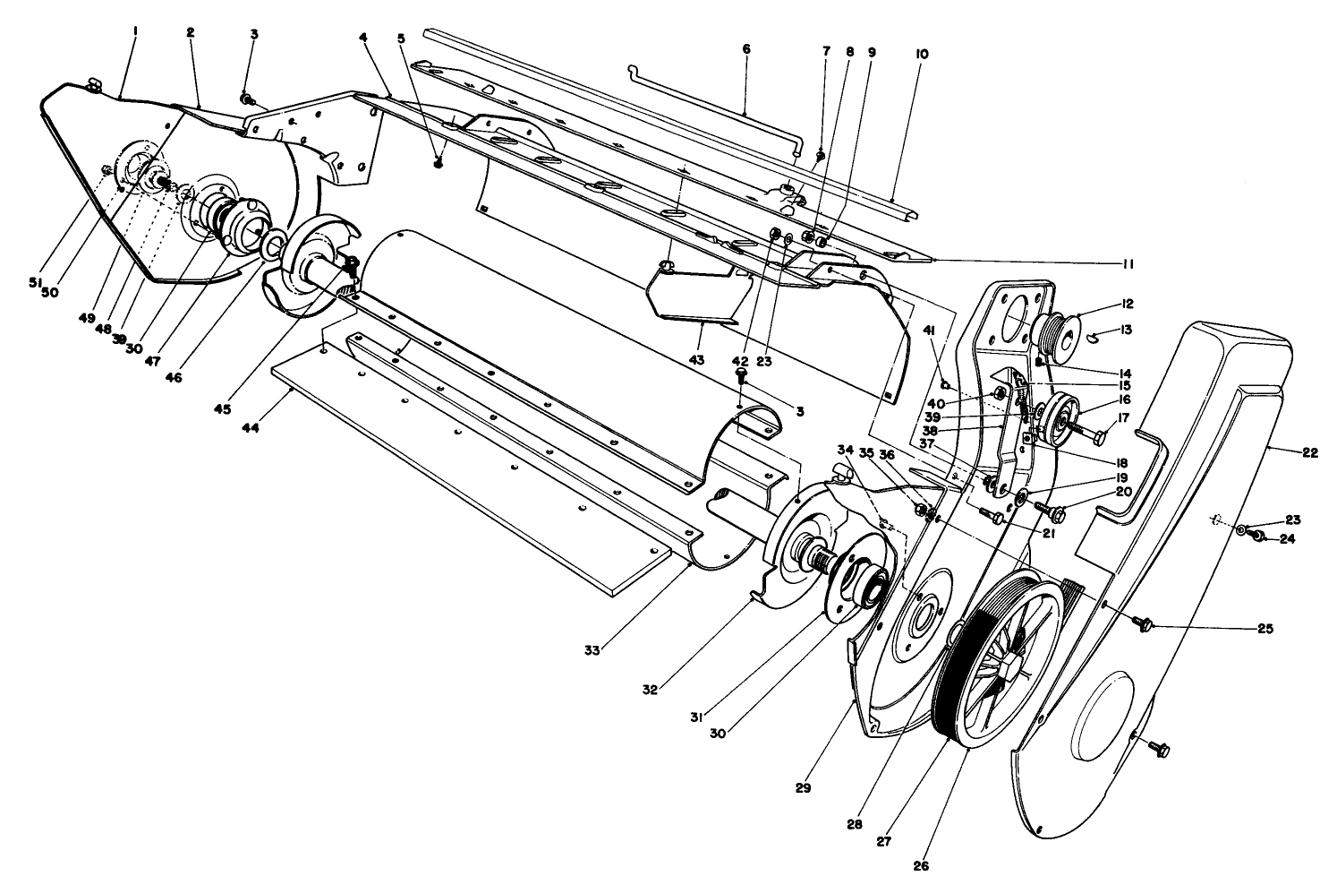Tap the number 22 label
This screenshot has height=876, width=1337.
1309,453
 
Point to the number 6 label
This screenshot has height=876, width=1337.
746,49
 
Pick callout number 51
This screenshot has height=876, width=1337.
33,282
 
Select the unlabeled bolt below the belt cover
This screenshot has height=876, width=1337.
1158,745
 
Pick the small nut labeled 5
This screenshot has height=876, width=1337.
438,162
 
